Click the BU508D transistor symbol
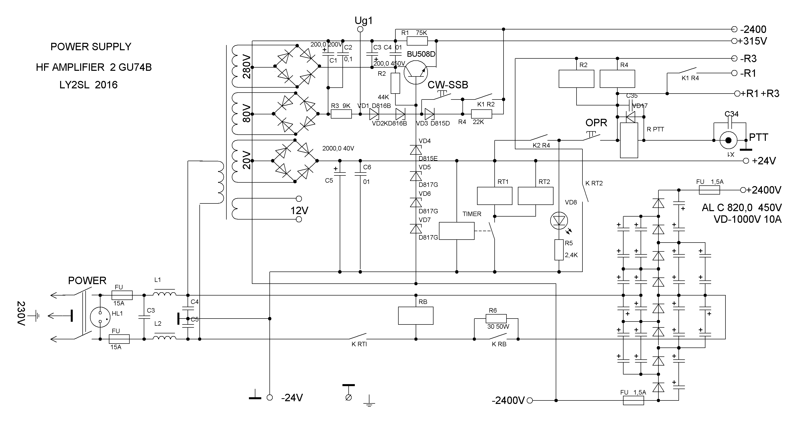[416, 72]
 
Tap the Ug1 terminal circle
[360, 29]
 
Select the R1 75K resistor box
[417, 41]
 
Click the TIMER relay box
[457, 231]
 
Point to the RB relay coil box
[416, 316]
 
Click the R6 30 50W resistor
[496, 319]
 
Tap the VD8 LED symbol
[559, 220]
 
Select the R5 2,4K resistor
[559, 250]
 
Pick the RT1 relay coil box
[494, 196]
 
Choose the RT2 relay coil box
[535, 196]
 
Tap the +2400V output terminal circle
[743, 190]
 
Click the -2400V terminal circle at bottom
[530, 401]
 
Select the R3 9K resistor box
[341, 114]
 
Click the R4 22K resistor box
[482, 114]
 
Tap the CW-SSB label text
[448, 85]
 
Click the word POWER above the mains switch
[87, 281]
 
